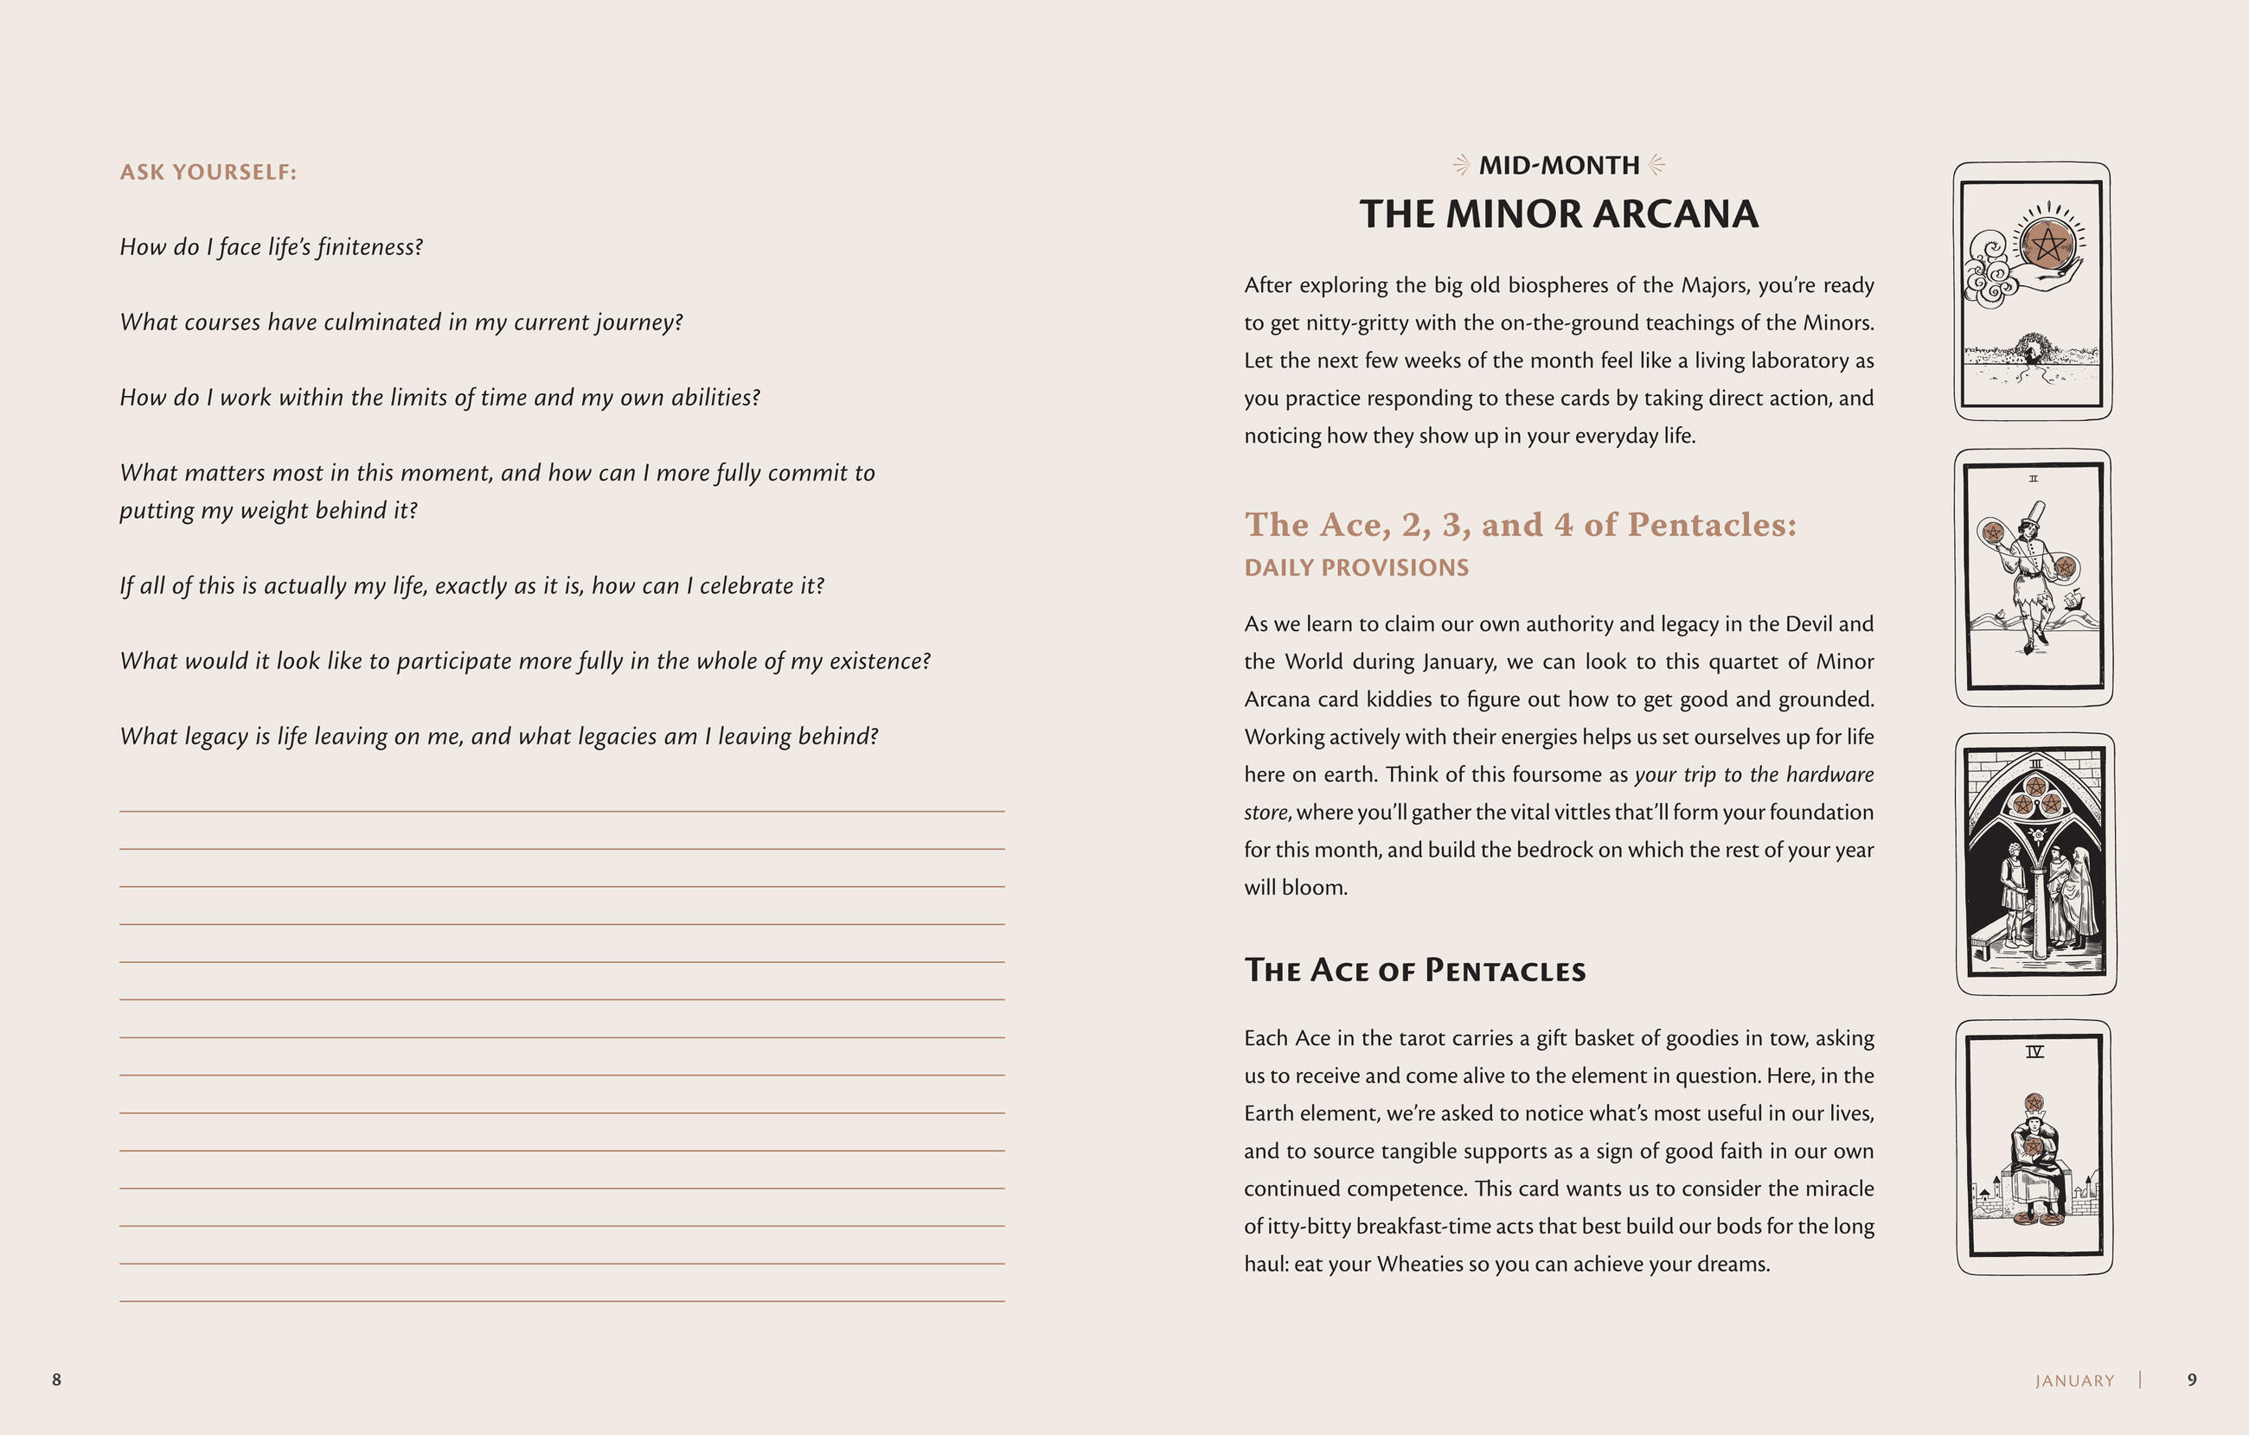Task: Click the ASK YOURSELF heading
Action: (208, 172)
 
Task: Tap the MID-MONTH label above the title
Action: (1559, 165)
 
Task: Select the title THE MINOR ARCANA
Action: (1559, 214)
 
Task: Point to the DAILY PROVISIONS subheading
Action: (1356, 568)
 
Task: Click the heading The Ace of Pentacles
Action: (1414, 970)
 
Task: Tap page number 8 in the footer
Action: (56, 1379)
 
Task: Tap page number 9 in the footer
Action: (2192, 1379)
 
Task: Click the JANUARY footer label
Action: (2074, 1381)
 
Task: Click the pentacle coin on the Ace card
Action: (2047, 245)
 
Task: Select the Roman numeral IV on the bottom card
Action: (2034, 1051)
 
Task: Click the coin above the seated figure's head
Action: (2034, 1104)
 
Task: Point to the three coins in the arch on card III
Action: (2036, 796)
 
